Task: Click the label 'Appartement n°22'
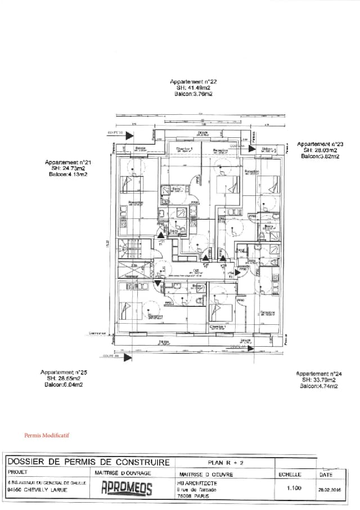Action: click(193, 82)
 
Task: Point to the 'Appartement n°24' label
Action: click(319, 374)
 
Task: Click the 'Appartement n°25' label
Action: click(63, 373)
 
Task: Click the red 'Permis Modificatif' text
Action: click(47, 435)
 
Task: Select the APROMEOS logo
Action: click(127, 490)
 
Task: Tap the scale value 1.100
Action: click(294, 489)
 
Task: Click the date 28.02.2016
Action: click(331, 490)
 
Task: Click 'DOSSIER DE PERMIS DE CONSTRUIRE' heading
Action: click(88, 462)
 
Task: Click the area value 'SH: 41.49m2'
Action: click(193, 88)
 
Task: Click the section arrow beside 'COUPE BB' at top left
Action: click(129, 135)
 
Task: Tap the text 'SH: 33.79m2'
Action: click(319, 380)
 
